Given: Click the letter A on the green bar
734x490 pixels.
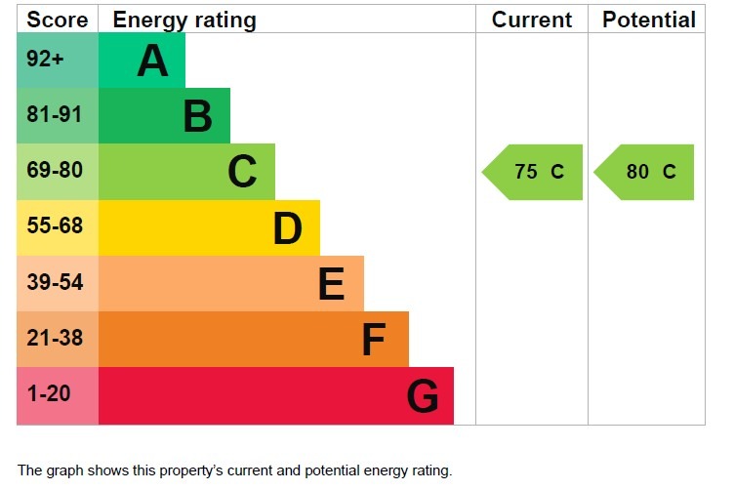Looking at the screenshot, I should point(152,61).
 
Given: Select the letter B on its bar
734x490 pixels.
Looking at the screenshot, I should point(197,116).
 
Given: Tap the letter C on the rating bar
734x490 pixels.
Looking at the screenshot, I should point(242,172).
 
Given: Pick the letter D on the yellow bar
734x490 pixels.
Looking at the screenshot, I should point(287,228).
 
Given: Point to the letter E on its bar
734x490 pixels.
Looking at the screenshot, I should point(331,284).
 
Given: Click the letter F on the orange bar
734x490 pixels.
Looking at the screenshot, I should point(374,340).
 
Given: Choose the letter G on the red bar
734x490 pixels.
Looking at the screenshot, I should point(423,396).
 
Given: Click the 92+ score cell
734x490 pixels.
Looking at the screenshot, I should point(45,60).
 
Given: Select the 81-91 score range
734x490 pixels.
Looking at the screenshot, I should point(55,115).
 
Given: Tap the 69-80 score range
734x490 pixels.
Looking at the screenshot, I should point(55,171).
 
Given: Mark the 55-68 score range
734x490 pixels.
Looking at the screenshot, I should point(55,227).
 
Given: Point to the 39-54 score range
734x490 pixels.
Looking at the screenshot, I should point(55,283).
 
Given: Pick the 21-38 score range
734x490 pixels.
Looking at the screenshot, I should point(55,339).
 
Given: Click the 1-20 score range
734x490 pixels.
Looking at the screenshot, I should point(49,395).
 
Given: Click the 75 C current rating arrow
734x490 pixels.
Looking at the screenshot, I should point(534,172).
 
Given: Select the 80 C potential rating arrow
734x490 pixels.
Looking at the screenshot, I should point(645,172).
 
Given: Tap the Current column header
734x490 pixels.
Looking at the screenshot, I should point(531,20).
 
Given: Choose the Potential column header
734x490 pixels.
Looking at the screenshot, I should point(649,20).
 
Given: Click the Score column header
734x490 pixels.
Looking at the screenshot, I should point(58,20).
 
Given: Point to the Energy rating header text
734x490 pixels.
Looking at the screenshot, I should point(184,20).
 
